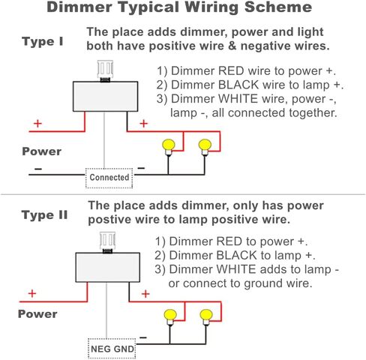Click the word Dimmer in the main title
tap(79, 7)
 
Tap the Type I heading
tap(43, 41)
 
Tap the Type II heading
tap(44, 215)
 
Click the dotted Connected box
tap(109, 178)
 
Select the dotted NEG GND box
tap(112, 349)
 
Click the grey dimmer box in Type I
tap(105, 97)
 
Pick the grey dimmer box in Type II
tap(107, 267)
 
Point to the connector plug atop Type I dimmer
tap(105, 71)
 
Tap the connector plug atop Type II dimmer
tap(107, 242)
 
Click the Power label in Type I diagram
tap(42, 151)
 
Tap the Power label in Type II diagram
tap(37, 314)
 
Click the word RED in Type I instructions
tap(231, 71)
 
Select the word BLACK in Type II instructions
tap(237, 256)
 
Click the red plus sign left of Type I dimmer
tap(37, 124)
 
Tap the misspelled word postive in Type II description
tap(109, 220)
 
